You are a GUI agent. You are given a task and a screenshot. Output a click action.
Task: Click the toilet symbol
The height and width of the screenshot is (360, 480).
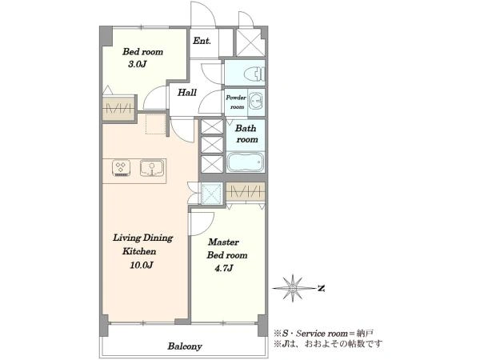coord(254,74)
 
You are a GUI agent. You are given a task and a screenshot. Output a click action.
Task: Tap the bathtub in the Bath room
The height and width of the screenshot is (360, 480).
coord(246,162)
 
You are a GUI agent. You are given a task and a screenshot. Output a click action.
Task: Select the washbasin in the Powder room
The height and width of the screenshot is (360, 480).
coord(256,100)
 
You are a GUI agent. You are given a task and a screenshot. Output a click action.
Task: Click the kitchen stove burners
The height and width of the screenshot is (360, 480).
coord(121,168)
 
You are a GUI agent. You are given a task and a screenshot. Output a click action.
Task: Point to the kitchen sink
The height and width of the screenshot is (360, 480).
coord(152,168)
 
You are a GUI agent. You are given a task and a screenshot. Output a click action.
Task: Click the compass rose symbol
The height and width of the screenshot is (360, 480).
coord(293,288)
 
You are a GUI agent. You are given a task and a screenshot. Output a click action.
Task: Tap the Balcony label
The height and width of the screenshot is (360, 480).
coord(185,346)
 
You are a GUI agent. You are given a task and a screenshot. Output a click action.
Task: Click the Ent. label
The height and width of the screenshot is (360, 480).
coord(202,41)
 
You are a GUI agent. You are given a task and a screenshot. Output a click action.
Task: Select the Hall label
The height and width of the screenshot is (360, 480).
coord(187,92)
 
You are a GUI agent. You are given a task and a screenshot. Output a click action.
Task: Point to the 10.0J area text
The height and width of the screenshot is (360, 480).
coord(141,265)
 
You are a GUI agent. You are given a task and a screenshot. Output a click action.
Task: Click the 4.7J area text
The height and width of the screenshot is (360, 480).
coord(224,269)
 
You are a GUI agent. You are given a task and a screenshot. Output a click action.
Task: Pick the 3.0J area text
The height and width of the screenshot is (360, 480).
coord(138,64)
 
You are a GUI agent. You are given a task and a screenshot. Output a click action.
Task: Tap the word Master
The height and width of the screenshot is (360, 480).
coord(223,242)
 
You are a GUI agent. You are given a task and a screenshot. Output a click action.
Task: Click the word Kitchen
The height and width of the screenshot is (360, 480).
coord(139,251)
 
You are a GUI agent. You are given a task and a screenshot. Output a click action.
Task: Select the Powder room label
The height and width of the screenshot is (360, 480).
coord(236,102)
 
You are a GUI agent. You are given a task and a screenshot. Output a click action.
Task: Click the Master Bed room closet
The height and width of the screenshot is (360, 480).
coord(246,192)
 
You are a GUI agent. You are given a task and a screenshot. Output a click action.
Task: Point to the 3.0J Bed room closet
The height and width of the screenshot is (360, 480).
coord(118,108)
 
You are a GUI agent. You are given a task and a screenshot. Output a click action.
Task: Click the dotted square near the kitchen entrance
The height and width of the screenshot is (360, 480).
coord(156,124)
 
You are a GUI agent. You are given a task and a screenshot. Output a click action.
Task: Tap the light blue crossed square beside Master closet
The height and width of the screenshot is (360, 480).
coord(212,193)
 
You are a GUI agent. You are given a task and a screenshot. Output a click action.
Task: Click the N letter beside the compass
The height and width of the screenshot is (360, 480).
coord(321,288)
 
